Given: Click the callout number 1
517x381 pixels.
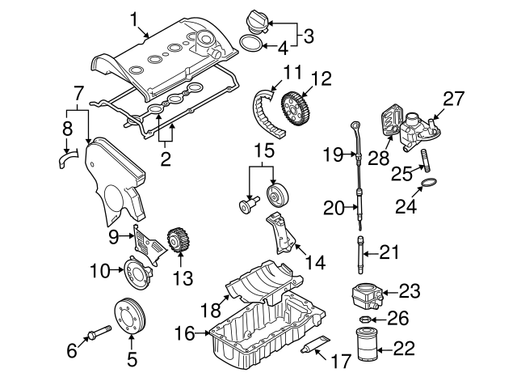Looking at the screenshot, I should pyautogui.click(x=135, y=16).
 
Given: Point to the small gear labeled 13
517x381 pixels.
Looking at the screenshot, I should pyautogui.click(x=178, y=240).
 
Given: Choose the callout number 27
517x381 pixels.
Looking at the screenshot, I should pyautogui.click(x=454, y=99).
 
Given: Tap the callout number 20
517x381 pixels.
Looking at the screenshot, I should pyautogui.click(x=334, y=208).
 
